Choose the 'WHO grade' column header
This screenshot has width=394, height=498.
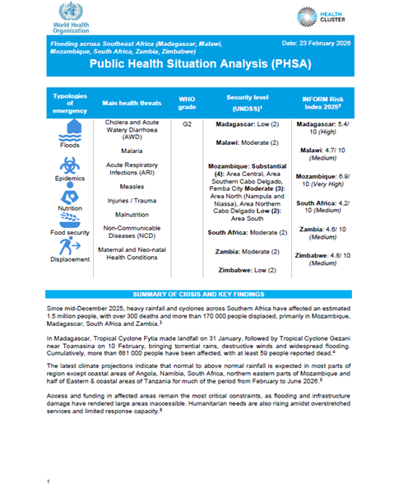[x=187, y=103]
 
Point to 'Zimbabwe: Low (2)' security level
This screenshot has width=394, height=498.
[x=243, y=269]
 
